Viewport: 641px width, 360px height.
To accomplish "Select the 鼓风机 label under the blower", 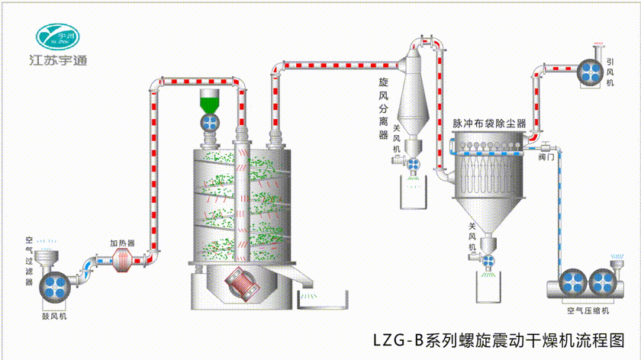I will pos(54,314).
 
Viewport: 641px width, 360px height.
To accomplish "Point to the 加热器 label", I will pos(122,243).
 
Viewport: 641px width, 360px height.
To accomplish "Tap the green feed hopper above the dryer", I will pos(208,100).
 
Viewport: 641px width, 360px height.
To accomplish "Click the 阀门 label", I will pos(546,158).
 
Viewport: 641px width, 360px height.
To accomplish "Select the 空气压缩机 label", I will pos(587,310).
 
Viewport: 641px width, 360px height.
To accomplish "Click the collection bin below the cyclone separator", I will pos(414,194).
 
